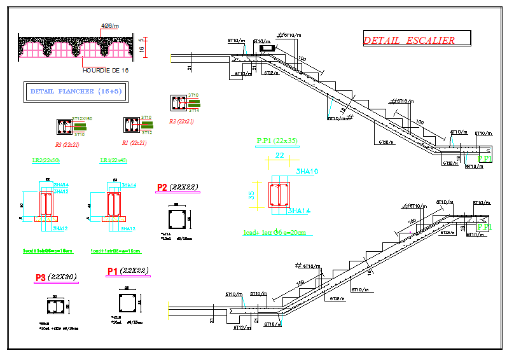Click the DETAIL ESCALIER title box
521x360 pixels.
[x=417, y=39]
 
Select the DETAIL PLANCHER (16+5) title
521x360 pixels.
[x=76, y=92]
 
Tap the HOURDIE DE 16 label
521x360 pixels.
[x=106, y=70]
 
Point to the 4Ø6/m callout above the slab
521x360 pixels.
[x=111, y=26]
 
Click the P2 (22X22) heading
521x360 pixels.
[x=177, y=187]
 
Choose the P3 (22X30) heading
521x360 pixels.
[x=57, y=277]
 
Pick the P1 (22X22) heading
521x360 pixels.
[x=128, y=271]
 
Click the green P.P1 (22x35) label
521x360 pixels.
[x=277, y=141]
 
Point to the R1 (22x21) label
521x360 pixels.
[x=134, y=143]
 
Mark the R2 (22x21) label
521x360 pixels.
[x=181, y=121]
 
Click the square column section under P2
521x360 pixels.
[x=177, y=219]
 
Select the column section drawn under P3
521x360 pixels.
[x=55, y=307]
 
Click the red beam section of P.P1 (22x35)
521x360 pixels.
[x=279, y=195]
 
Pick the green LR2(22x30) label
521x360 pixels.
[x=46, y=160]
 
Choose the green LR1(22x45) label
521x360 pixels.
[x=113, y=160]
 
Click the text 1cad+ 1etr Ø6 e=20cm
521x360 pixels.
[x=274, y=232]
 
